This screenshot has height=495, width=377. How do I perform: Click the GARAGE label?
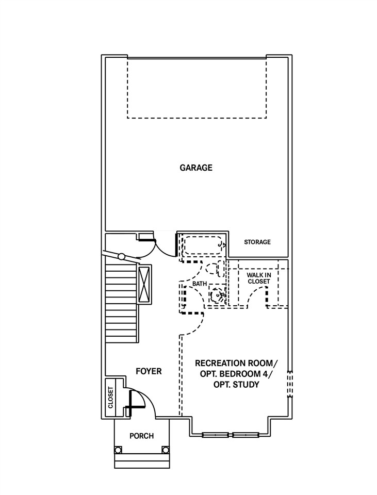[196, 168]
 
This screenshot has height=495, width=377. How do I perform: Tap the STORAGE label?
[257, 242]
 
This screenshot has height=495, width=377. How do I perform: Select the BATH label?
[200, 284]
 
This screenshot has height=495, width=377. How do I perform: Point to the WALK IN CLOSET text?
[259, 278]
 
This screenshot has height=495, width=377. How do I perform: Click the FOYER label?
[149, 371]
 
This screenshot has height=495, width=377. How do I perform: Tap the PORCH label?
[141, 436]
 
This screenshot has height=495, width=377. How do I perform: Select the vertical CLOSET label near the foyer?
[110, 398]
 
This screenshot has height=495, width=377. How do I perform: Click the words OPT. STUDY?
[237, 385]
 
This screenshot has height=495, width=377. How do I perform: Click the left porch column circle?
[118, 450]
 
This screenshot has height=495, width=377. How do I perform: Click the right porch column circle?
[165, 450]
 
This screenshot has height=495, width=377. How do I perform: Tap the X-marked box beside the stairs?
[144, 285]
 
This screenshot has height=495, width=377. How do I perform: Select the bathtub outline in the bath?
[203, 245]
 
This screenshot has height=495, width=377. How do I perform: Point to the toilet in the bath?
[215, 269]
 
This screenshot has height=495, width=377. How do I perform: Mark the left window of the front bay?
[216, 435]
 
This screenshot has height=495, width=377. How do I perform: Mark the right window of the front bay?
[245, 435]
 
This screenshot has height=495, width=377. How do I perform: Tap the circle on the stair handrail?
[121, 256]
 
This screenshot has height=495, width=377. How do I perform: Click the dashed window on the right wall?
[290, 384]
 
